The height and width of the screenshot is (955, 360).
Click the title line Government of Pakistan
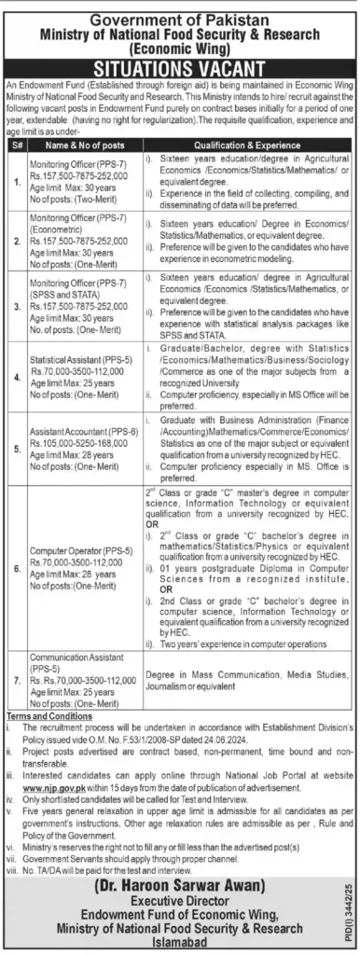tap(180, 10)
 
